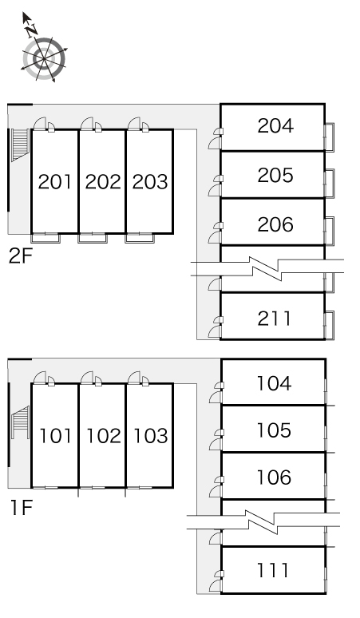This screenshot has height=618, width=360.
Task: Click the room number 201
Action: (55, 182)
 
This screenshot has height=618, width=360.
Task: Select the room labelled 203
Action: (150, 182)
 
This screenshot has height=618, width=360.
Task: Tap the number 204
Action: (275, 125)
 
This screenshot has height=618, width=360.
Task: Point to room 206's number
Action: (275, 224)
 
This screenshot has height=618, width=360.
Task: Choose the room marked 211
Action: (275, 319)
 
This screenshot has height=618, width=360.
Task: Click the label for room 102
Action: (103, 436)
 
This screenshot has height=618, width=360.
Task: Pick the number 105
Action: (274, 430)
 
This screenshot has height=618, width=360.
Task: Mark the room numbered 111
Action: (272, 570)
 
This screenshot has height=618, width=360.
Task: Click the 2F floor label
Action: (20, 256)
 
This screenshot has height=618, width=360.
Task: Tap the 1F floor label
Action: (21, 508)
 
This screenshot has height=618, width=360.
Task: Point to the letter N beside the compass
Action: (31, 30)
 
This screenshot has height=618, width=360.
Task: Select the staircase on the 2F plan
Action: (20, 145)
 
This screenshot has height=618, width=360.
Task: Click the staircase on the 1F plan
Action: (20, 422)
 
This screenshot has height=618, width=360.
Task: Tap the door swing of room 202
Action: (87, 124)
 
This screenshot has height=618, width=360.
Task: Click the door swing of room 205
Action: (215, 190)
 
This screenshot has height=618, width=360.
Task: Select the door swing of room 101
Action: (39, 377)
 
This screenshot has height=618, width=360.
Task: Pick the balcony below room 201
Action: (45, 238)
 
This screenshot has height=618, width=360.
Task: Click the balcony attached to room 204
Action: (329, 137)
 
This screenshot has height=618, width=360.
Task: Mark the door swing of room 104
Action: (216, 397)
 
